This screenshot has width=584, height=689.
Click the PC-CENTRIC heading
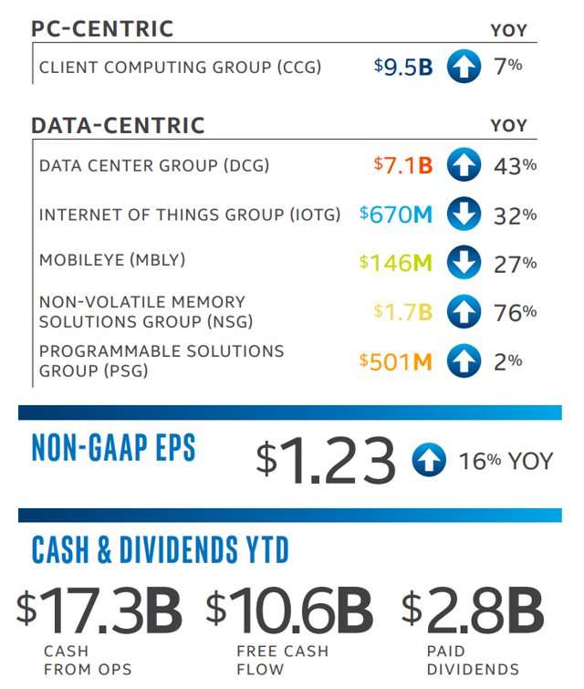102,28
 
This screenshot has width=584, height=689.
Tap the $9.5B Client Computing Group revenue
403,67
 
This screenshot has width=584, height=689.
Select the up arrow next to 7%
464,68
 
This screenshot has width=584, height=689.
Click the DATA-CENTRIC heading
118,125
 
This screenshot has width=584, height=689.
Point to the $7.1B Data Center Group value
403,166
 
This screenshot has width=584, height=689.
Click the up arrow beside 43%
464,166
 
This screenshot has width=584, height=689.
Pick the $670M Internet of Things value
396,214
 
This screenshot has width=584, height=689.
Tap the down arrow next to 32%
464,215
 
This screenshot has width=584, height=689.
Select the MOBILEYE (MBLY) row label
111,260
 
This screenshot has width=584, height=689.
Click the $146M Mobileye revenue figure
396,264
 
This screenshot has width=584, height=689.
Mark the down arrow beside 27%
464,264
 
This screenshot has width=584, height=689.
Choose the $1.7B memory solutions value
403,312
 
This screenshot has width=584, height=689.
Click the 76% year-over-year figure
515,312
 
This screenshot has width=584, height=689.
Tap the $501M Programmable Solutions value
396,361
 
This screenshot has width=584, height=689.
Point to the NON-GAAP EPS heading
113,448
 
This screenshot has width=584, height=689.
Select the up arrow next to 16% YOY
428,460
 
